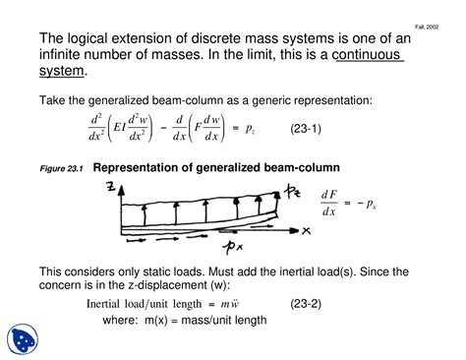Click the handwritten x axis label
[306, 230]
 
